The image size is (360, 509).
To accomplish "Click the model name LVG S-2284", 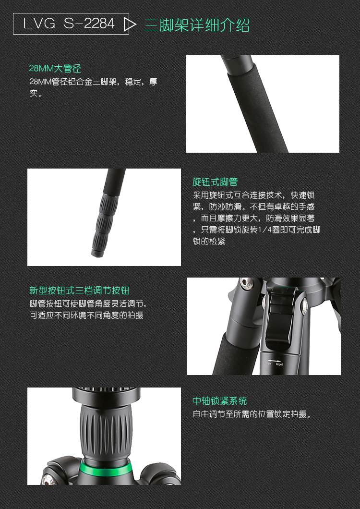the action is [69, 24].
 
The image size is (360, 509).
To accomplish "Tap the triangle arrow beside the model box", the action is [129, 24].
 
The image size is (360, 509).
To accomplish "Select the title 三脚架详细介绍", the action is [197, 24].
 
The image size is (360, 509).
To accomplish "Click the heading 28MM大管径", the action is [55, 69].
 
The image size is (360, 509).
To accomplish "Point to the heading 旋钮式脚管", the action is [215, 182].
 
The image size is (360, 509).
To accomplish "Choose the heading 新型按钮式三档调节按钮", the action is [79, 291].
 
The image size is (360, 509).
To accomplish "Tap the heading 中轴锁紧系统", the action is [220, 401].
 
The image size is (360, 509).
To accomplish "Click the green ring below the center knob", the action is [106, 468].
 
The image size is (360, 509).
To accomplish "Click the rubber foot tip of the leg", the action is [97, 253].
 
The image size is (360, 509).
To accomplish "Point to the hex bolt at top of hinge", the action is [246, 283].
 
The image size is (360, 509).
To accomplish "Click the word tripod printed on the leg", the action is [279, 364].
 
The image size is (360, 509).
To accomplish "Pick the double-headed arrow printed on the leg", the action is [274, 361].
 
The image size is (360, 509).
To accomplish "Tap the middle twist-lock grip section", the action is [104, 222].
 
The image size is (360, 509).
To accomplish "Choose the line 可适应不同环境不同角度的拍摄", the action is [87, 315].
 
